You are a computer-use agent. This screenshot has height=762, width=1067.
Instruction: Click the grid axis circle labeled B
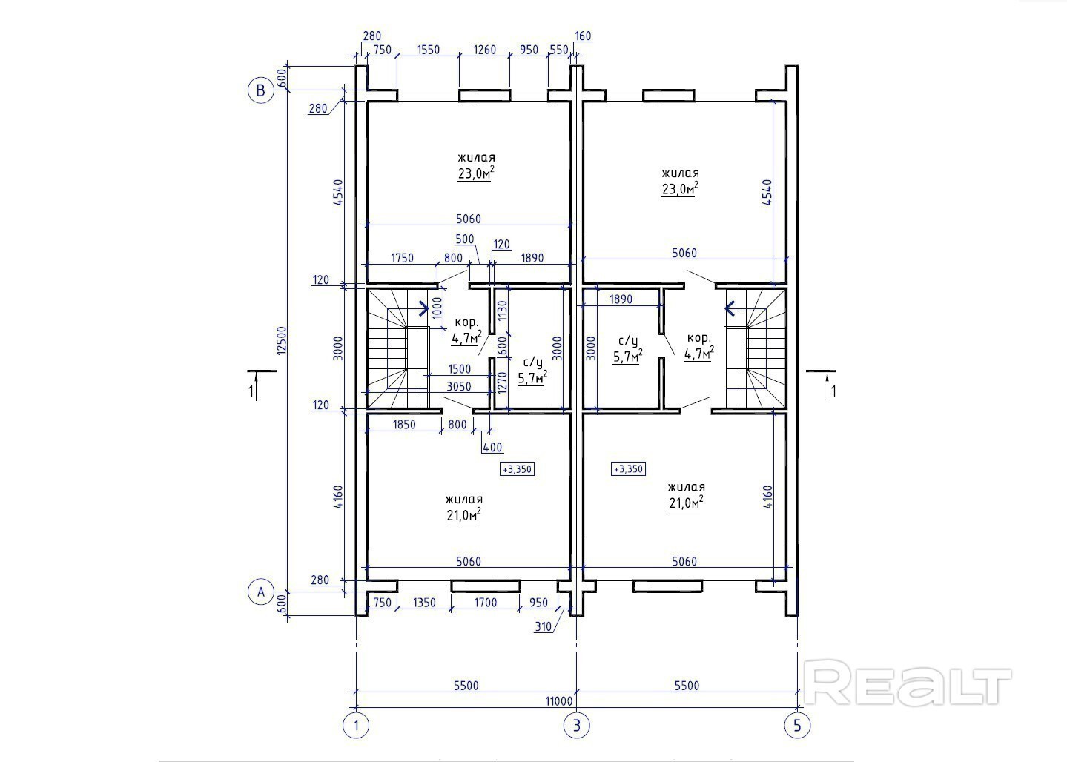tap(260, 90)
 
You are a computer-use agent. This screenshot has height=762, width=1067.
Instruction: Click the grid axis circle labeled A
tap(260, 592)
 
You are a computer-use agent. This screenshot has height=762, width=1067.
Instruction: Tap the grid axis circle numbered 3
tap(576, 726)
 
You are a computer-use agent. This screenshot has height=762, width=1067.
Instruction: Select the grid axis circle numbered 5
tap(797, 726)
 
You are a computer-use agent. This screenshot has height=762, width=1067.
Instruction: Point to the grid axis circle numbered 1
tap(356, 726)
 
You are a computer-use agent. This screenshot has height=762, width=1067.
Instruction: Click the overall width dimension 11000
tap(558, 701)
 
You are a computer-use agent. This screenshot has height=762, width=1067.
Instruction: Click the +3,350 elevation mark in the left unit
tap(517, 469)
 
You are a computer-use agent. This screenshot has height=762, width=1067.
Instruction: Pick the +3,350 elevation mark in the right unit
tap(628, 469)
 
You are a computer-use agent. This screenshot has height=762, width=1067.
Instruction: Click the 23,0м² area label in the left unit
tap(475, 173)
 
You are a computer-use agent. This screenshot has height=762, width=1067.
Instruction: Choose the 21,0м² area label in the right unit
tap(686, 503)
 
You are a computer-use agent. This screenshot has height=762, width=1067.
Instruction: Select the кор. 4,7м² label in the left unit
tap(466, 331)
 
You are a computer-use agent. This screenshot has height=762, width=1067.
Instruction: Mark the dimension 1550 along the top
tap(429, 50)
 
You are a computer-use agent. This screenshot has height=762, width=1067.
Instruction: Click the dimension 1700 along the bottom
tap(486, 603)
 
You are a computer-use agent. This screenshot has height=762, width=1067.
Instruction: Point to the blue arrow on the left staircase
tap(423, 308)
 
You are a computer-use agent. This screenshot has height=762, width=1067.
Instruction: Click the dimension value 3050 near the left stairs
tap(459, 386)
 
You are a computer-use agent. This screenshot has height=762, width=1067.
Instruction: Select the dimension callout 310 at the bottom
tap(543, 627)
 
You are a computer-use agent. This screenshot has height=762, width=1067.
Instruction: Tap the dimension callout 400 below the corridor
tap(492, 447)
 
